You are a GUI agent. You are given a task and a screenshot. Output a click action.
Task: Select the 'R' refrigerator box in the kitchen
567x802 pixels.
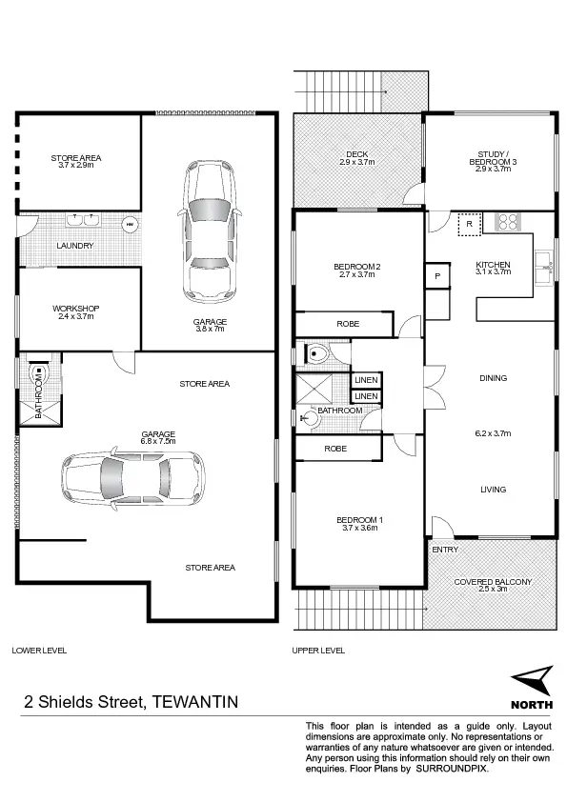pyautogui.click(x=469, y=226)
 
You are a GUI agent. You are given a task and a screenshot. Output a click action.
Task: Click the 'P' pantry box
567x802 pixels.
pyautogui.click(x=437, y=275)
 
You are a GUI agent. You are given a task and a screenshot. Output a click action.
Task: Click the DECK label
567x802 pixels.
pyautogui.click(x=357, y=153)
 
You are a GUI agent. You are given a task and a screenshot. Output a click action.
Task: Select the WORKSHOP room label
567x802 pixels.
pyautogui.click(x=76, y=309)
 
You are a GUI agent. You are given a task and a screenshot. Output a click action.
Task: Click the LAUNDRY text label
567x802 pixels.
pyautogui.click(x=74, y=246)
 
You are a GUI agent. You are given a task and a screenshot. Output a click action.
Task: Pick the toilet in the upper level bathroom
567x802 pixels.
pyautogui.click(x=316, y=354)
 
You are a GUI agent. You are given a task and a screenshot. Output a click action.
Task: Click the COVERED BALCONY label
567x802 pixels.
pyautogui.click(x=492, y=580)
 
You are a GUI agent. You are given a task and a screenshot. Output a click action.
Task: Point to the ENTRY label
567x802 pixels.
pyautogui.click(x=444, y=550)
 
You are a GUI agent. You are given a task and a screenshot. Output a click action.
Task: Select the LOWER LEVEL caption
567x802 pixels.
pyautogui.click(x=39, y=650)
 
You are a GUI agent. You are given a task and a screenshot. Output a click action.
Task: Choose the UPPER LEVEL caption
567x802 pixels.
pyautogui.click(x=319, y=650)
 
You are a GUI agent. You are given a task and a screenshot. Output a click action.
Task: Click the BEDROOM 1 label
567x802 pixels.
pyautogui.click(x=359, y=519)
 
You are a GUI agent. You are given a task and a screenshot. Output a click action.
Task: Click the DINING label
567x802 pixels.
pyautogui.click(x=493, y=378)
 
